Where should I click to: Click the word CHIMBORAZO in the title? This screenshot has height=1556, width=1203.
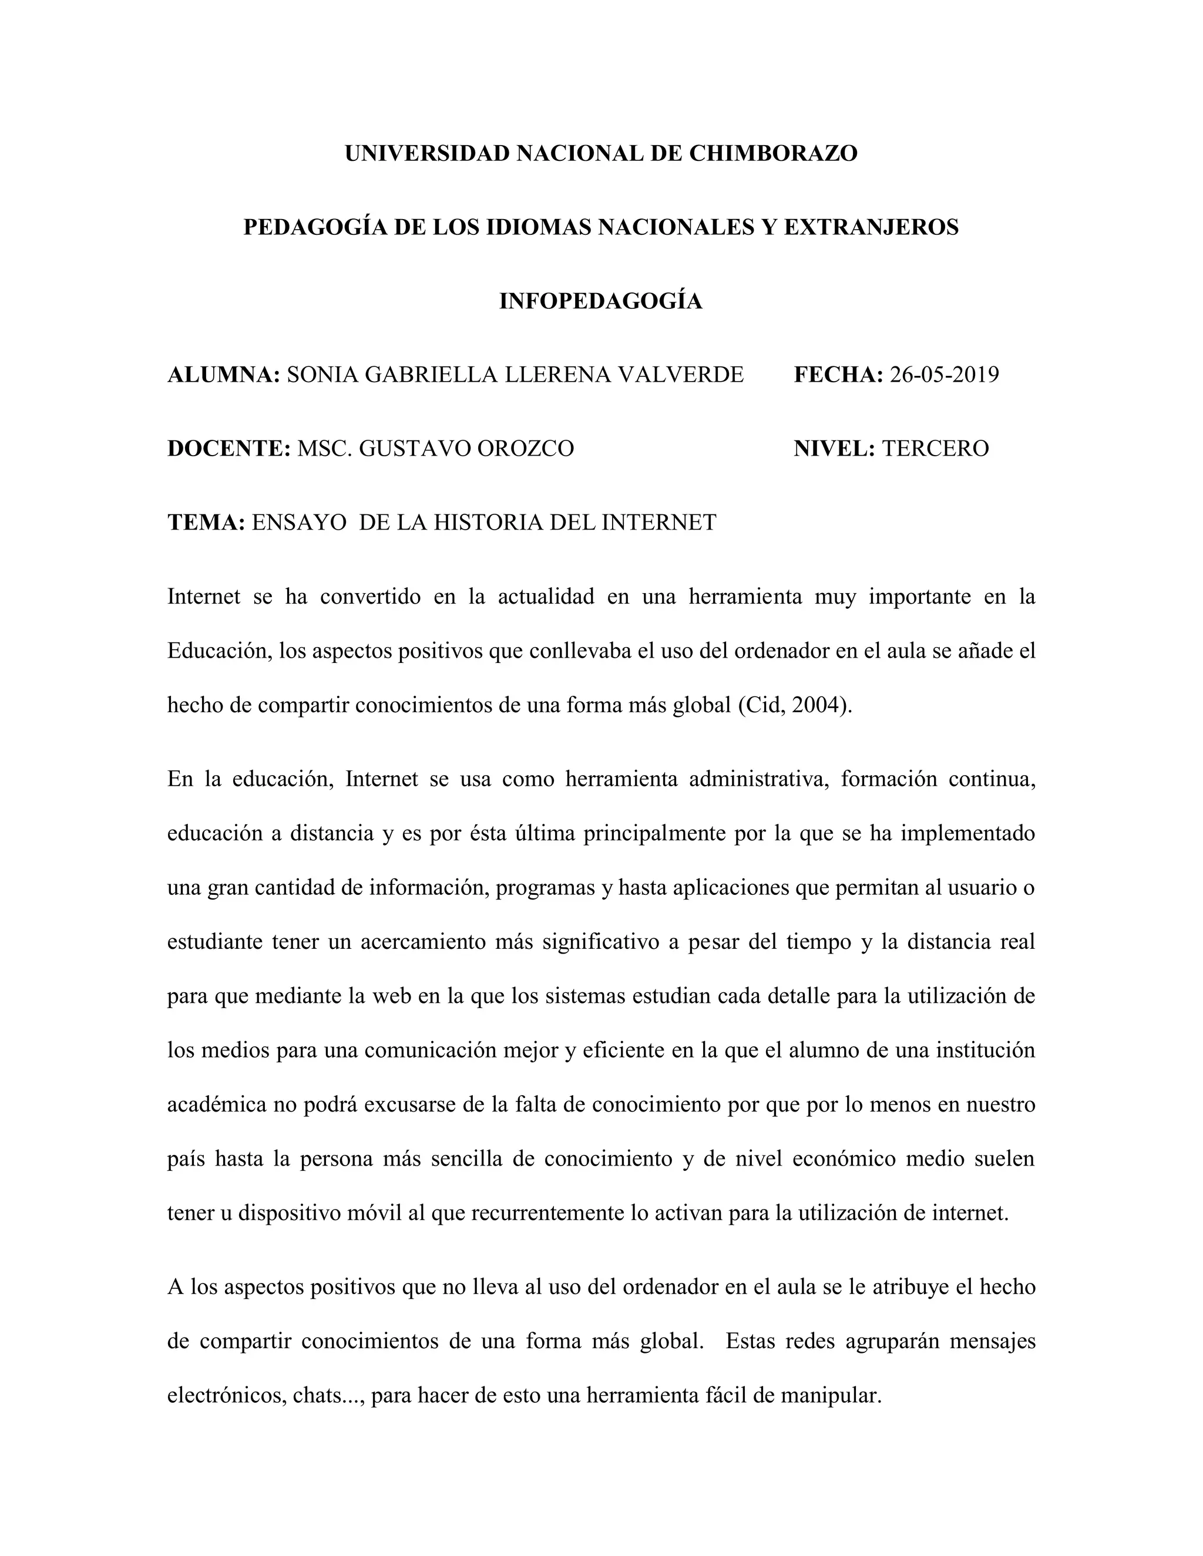coord(772,153)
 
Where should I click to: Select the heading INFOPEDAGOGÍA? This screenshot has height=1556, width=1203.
coord(601,301)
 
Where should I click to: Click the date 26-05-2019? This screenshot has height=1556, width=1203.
coord(945,375)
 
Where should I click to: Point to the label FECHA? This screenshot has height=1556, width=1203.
coord(838,375)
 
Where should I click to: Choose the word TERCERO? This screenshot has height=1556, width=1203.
coord(935,449)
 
